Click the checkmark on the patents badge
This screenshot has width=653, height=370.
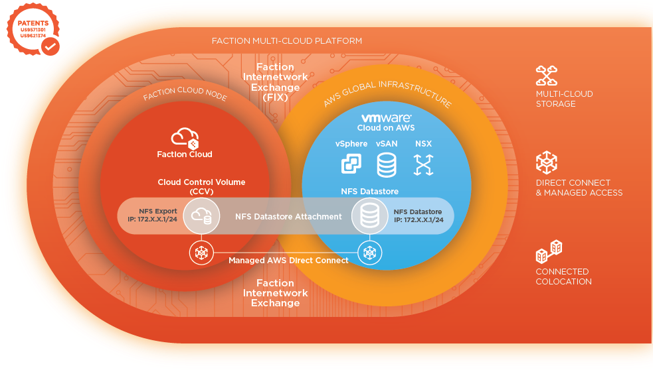click(50, 46)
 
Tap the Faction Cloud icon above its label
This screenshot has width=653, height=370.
click(185, 138)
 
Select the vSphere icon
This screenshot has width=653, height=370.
click(351, 164)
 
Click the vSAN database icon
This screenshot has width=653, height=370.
click(387, 164)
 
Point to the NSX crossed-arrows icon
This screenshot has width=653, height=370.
click(424, 164)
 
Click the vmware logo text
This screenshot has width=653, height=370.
click(386, 118)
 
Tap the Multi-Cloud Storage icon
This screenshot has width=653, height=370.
click(547, 75)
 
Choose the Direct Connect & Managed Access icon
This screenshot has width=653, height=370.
click(547, 162)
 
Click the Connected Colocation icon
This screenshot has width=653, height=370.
click(549, 251)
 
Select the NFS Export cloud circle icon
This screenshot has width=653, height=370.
click(201, 216)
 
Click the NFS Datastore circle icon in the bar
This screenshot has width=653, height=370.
click(370, 216)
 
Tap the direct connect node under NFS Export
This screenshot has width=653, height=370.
click(201, 253)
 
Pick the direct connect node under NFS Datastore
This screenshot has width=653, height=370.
click(370, 253)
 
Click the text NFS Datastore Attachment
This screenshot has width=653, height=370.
click(288, 217)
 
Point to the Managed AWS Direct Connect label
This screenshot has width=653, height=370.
click(288, 260)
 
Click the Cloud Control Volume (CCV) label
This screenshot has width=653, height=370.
click(201, 187)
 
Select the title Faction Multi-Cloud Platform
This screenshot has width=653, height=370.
click(287, 40)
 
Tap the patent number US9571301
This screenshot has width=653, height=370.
click(33, 30)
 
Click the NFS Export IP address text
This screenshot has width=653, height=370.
click(152, 219)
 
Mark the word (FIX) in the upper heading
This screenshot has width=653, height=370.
click(275, 97)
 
